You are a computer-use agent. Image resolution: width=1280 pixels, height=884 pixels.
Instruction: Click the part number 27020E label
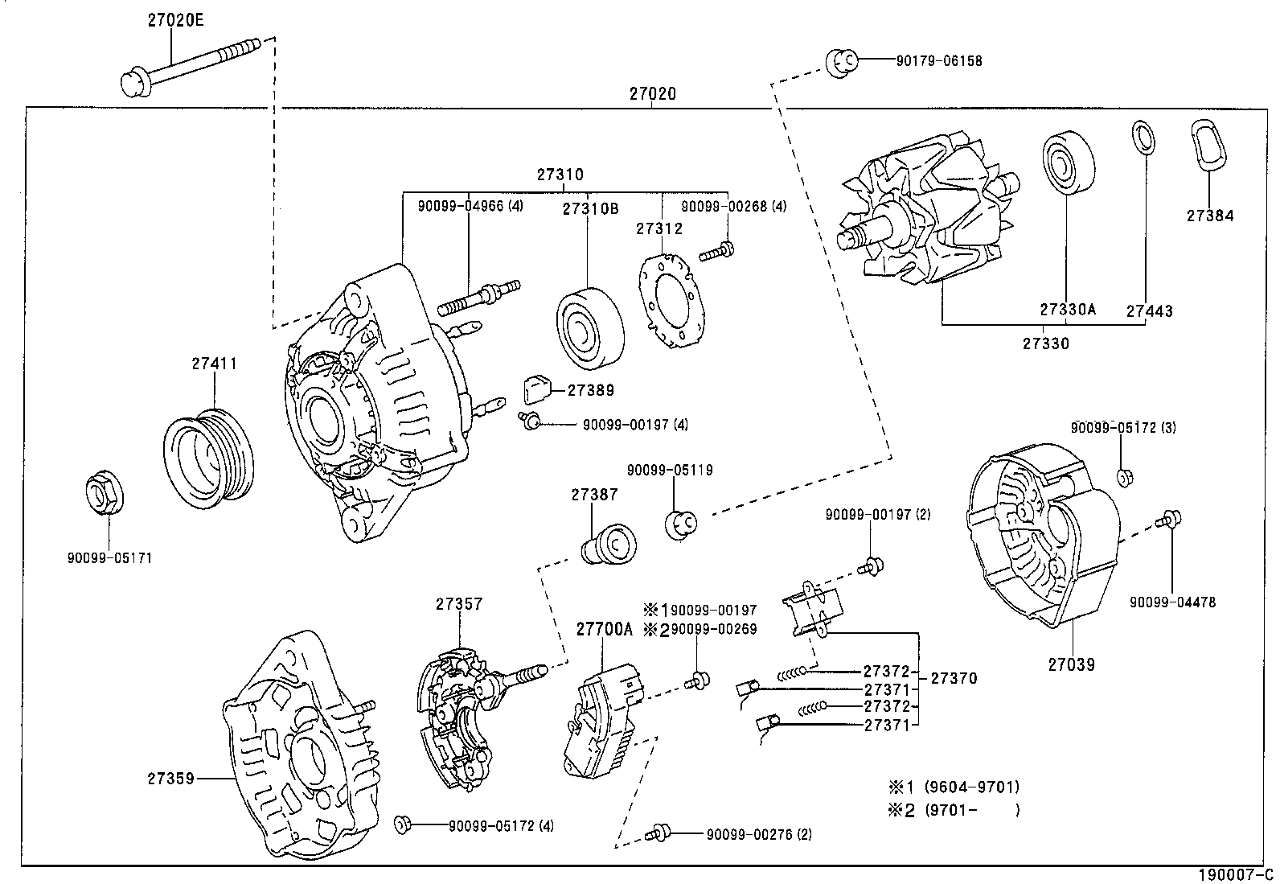point(175,21)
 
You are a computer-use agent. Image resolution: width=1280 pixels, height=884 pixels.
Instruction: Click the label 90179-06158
point(938,61)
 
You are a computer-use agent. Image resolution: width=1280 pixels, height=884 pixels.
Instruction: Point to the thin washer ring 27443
point(1143,138)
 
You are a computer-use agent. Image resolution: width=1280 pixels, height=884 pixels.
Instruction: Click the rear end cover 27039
point(1044,531)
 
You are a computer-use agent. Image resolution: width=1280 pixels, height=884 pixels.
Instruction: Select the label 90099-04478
point(1172,602)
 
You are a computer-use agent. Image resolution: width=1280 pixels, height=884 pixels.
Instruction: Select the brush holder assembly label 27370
point(954,679)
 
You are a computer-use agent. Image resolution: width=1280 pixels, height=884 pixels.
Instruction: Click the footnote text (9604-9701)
point(971,787)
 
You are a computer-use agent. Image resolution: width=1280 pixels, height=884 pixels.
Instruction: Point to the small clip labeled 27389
point(536,390)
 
